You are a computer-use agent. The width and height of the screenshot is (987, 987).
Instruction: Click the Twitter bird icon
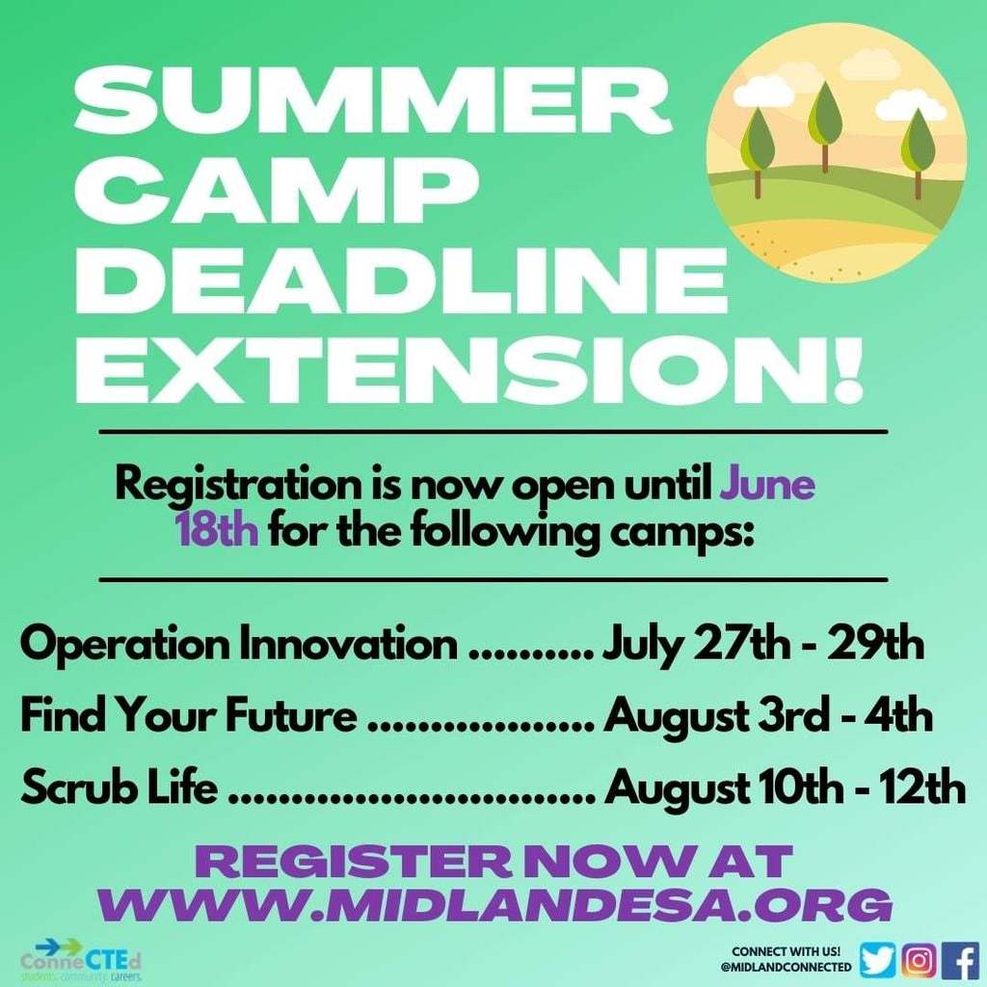[x=877, y=961]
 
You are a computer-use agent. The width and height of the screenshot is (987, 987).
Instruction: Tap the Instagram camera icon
[x=919, y=961]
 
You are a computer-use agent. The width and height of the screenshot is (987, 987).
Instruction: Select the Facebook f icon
[x=961, y=961]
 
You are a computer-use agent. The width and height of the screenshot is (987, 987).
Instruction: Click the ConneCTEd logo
[x=81, y=961]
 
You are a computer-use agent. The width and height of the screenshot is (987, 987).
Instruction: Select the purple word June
[x=766, y=486]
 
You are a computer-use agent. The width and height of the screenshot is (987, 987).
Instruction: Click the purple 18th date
[x=217, y=531]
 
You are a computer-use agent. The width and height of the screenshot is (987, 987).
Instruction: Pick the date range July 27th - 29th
[x=763, y=645]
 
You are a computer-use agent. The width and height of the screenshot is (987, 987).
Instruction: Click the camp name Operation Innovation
[x=239, y=645]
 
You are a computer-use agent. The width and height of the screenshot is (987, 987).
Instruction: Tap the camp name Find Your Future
[x=189, y=716]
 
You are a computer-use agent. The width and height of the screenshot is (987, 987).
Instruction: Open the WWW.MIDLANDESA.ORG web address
[x=495, y=905]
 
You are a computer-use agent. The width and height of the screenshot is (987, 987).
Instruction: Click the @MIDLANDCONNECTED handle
[x=787, y=967]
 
